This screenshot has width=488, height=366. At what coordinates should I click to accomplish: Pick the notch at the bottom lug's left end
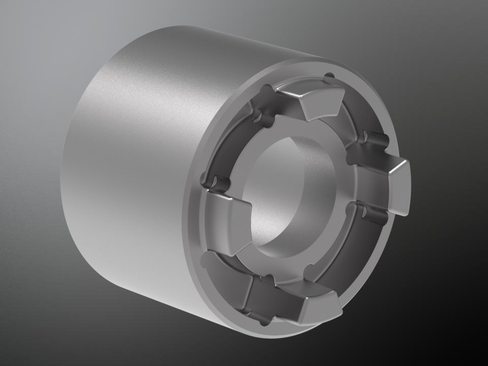[x=265, y=279]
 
